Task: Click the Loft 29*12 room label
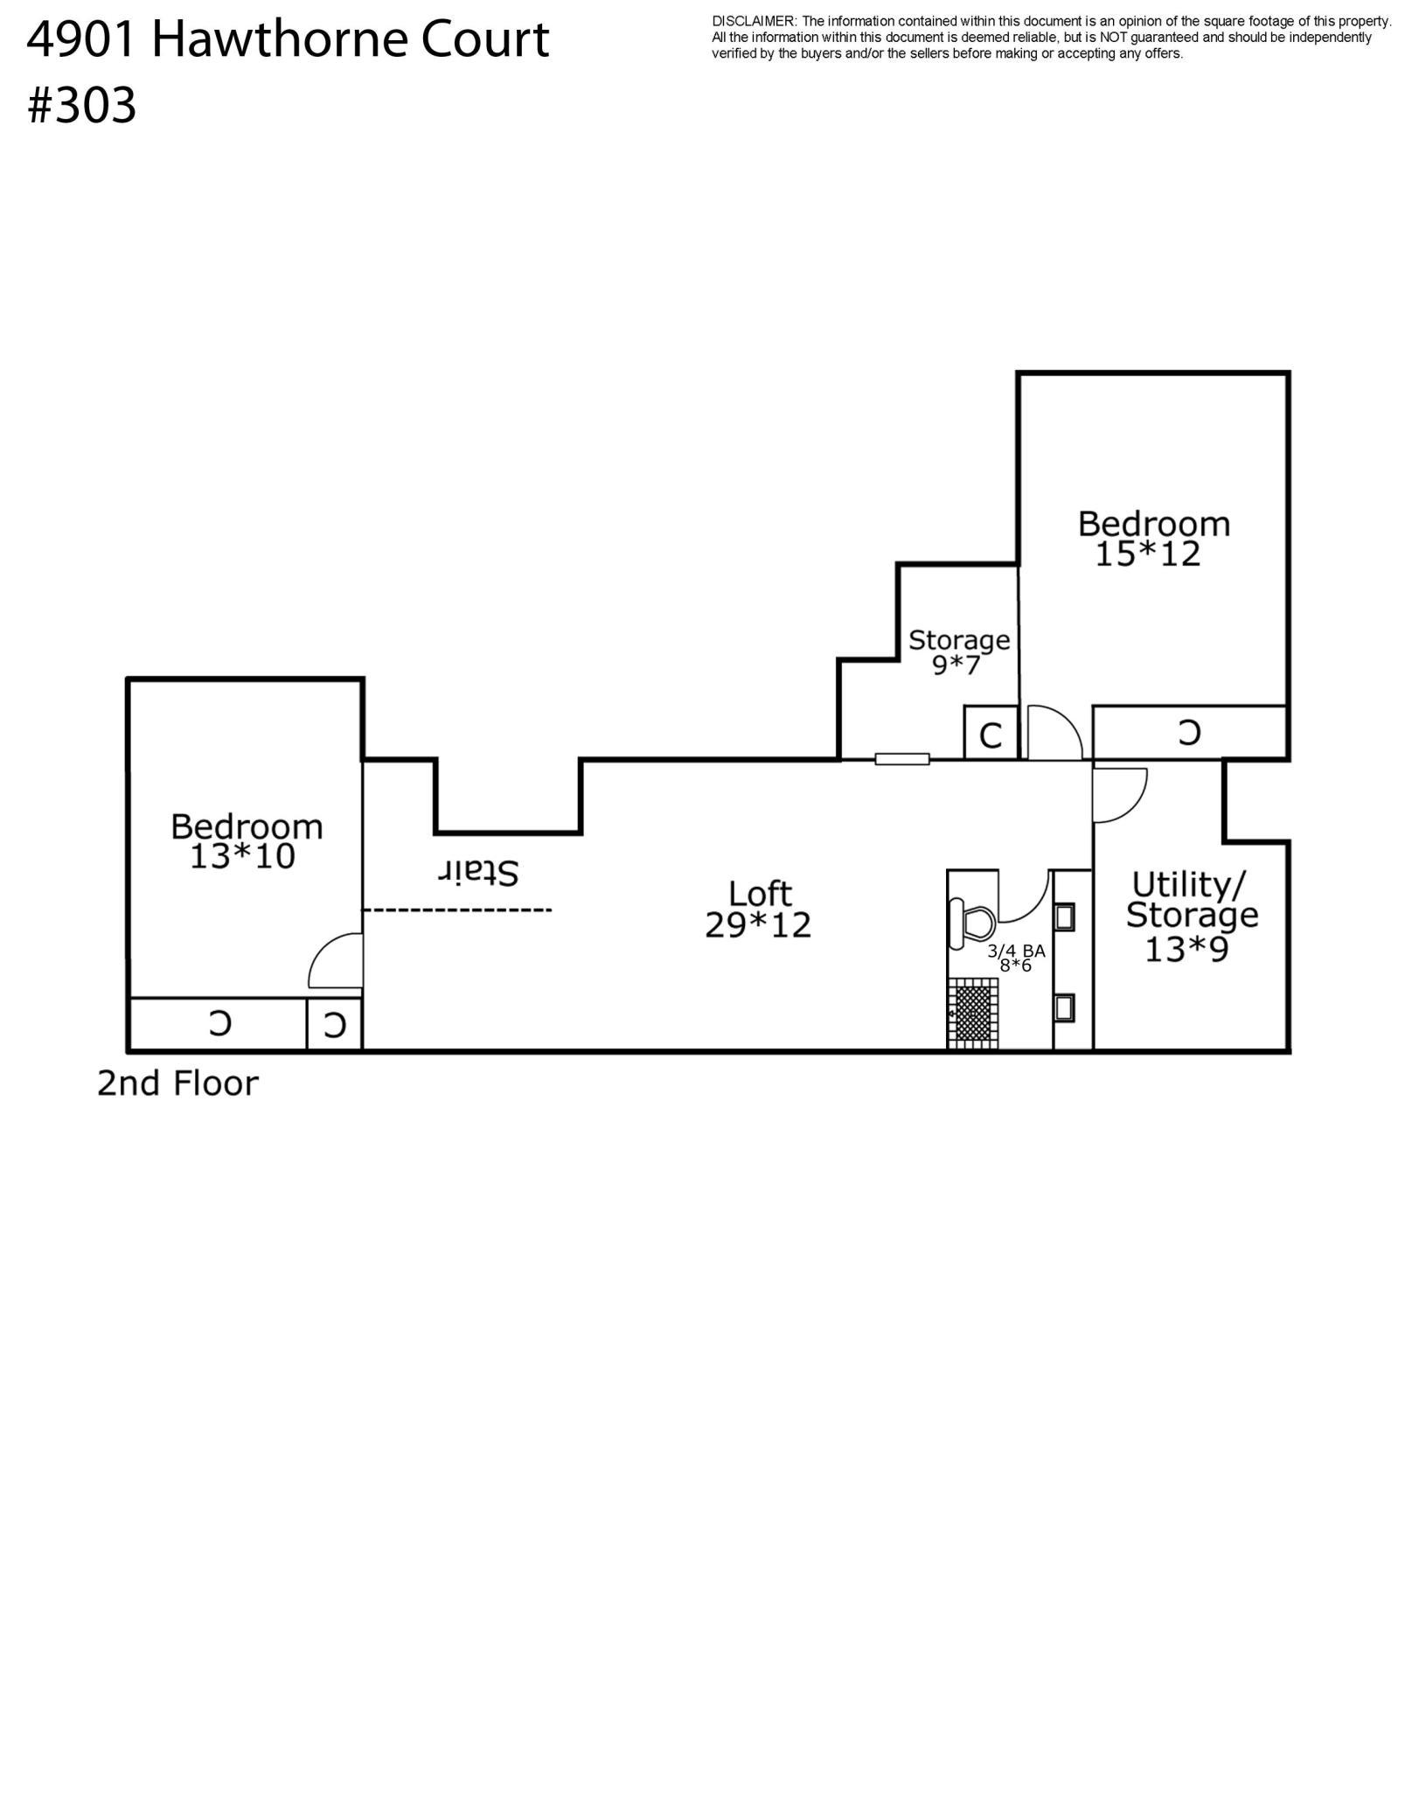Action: click(758, 909)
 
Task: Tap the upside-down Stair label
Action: click(478, 872)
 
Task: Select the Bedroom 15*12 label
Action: click(1152, 539)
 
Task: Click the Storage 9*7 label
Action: click(958, 652)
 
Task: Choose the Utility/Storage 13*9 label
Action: click(1191, 916)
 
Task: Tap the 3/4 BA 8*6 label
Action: click(1016, 958)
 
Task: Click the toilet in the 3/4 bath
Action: click(972, 923)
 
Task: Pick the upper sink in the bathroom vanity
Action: click(1065, 917)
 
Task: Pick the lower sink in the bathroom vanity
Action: click(1065, 1007)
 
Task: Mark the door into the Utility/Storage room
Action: click(1119, 794)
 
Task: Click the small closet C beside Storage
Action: click(991, 735)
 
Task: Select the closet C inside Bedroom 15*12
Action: click(1189, 733)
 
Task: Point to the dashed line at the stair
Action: click(457, 910)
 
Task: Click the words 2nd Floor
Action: click(177, 1084)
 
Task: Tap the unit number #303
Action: click(82, 107)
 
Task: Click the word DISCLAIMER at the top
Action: click(754, 21)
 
